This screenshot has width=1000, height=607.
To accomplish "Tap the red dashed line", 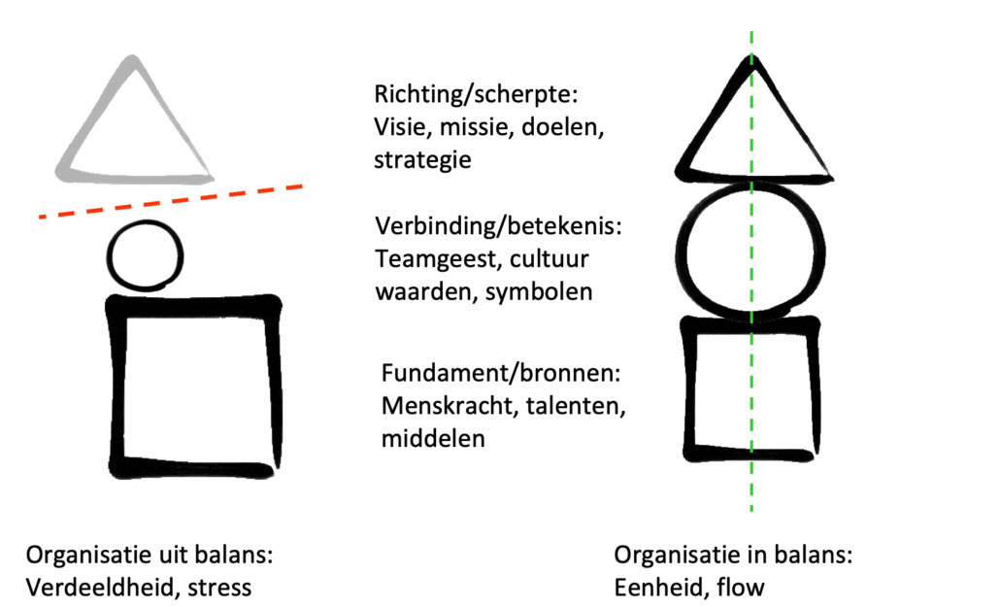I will point(171,201).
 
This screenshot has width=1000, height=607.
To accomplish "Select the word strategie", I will point(422,160).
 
